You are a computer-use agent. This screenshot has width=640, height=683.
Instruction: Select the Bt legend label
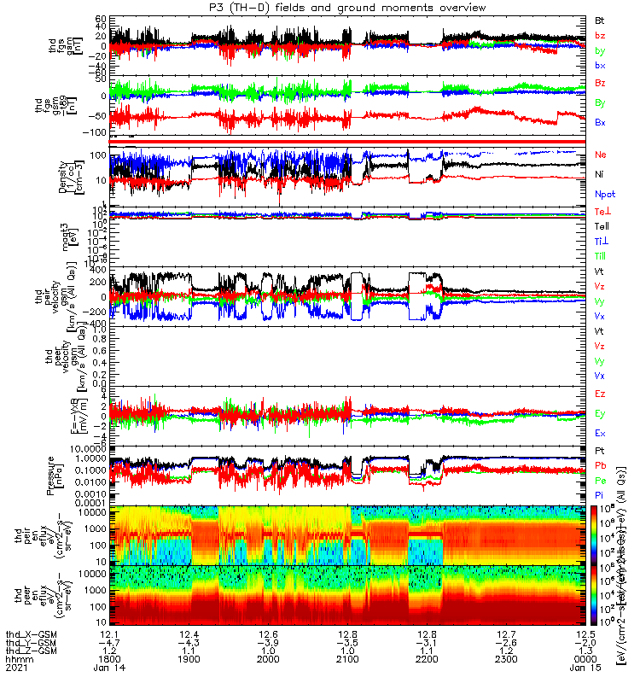coord(600,19)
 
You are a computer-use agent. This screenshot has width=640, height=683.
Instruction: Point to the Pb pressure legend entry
coord(600,464)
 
